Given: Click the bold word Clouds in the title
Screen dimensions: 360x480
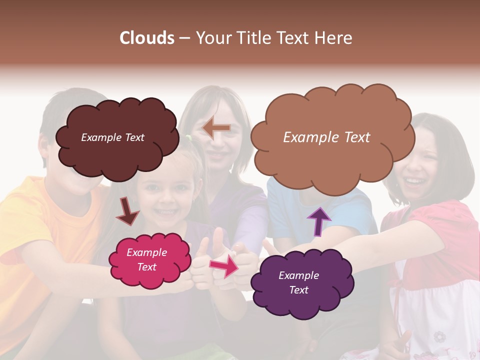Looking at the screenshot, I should coord(147,38).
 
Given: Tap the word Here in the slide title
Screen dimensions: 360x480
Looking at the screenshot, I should coord(333,38).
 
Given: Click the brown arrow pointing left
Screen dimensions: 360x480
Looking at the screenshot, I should coord(216,128).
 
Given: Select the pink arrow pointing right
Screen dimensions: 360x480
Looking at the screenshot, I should coord(224,265).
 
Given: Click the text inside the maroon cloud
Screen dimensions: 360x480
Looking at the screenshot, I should coord(113,137).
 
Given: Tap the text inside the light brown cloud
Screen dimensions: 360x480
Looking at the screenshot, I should coord(326,137).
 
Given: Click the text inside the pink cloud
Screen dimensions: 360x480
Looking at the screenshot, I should coord(146,259).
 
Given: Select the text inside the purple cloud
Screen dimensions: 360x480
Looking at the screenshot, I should coord(298,282).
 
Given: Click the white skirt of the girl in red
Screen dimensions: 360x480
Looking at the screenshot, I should coord(435,315).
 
